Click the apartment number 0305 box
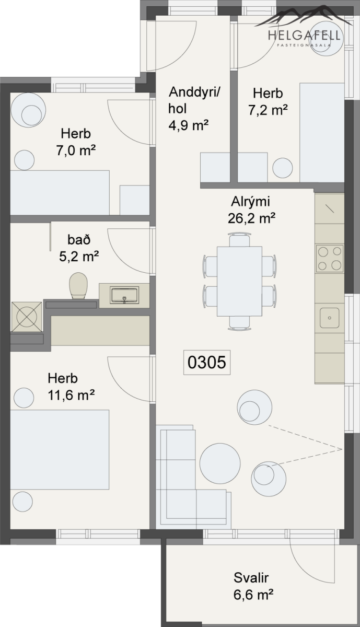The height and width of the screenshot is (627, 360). pyautogui.click(x=207, y=362)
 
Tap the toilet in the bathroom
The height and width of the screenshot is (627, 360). pyautogui.click(x=78, y=286)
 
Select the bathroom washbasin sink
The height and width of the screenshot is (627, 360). pyautogui.click(x=124, y=295)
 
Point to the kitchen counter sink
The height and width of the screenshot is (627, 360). pyautogui.click(x=330, y=318)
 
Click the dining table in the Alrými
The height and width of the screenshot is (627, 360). pyautogui.click(x=239, y=281)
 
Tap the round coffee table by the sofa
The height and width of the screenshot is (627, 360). pyautogui.click(x=220, y=463)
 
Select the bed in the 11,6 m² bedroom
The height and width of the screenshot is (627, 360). pyautogui.click(x=60, y=449)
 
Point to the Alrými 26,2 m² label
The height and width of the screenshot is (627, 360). pyautogui.click(x=251, y=210)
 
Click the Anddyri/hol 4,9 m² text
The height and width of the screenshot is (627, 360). pyautogui.click(x=194, y=109)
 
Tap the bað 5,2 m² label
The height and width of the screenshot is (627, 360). pyautogui.click(x=79, y=248)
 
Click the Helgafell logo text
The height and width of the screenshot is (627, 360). pyautogui.click(x=304, y=36)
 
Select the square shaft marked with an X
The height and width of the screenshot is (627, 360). pyautogui.click(x=27, y=317)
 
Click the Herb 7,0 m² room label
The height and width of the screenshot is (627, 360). pyautogui.click(x=76, y=142)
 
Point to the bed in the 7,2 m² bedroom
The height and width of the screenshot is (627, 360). pyautogui.click(x=322, y=133)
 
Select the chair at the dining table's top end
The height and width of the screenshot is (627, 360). pyautogui.click(x=239, y=240)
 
